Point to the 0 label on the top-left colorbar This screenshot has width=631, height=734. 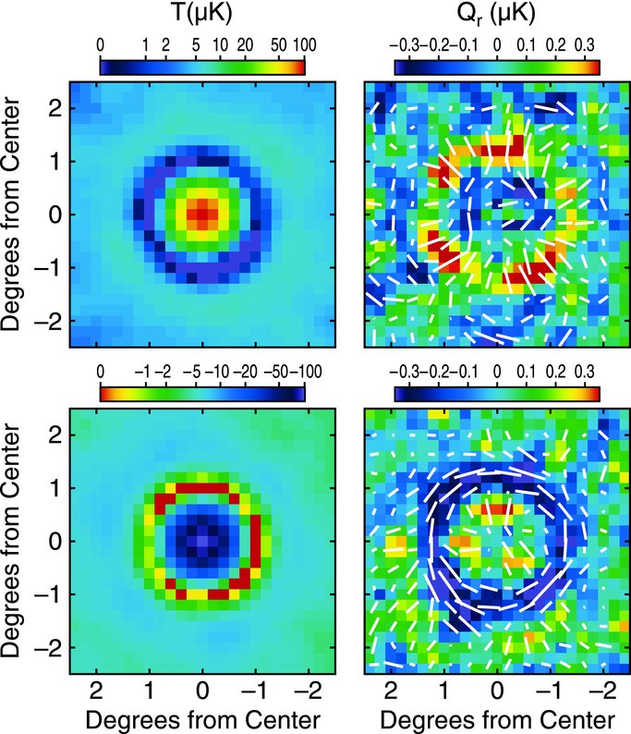point(100,44)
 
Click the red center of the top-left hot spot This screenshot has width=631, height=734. point(200,214)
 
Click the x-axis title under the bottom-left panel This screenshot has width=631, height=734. point(200,718)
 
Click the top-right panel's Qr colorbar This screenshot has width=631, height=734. point(497,67)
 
